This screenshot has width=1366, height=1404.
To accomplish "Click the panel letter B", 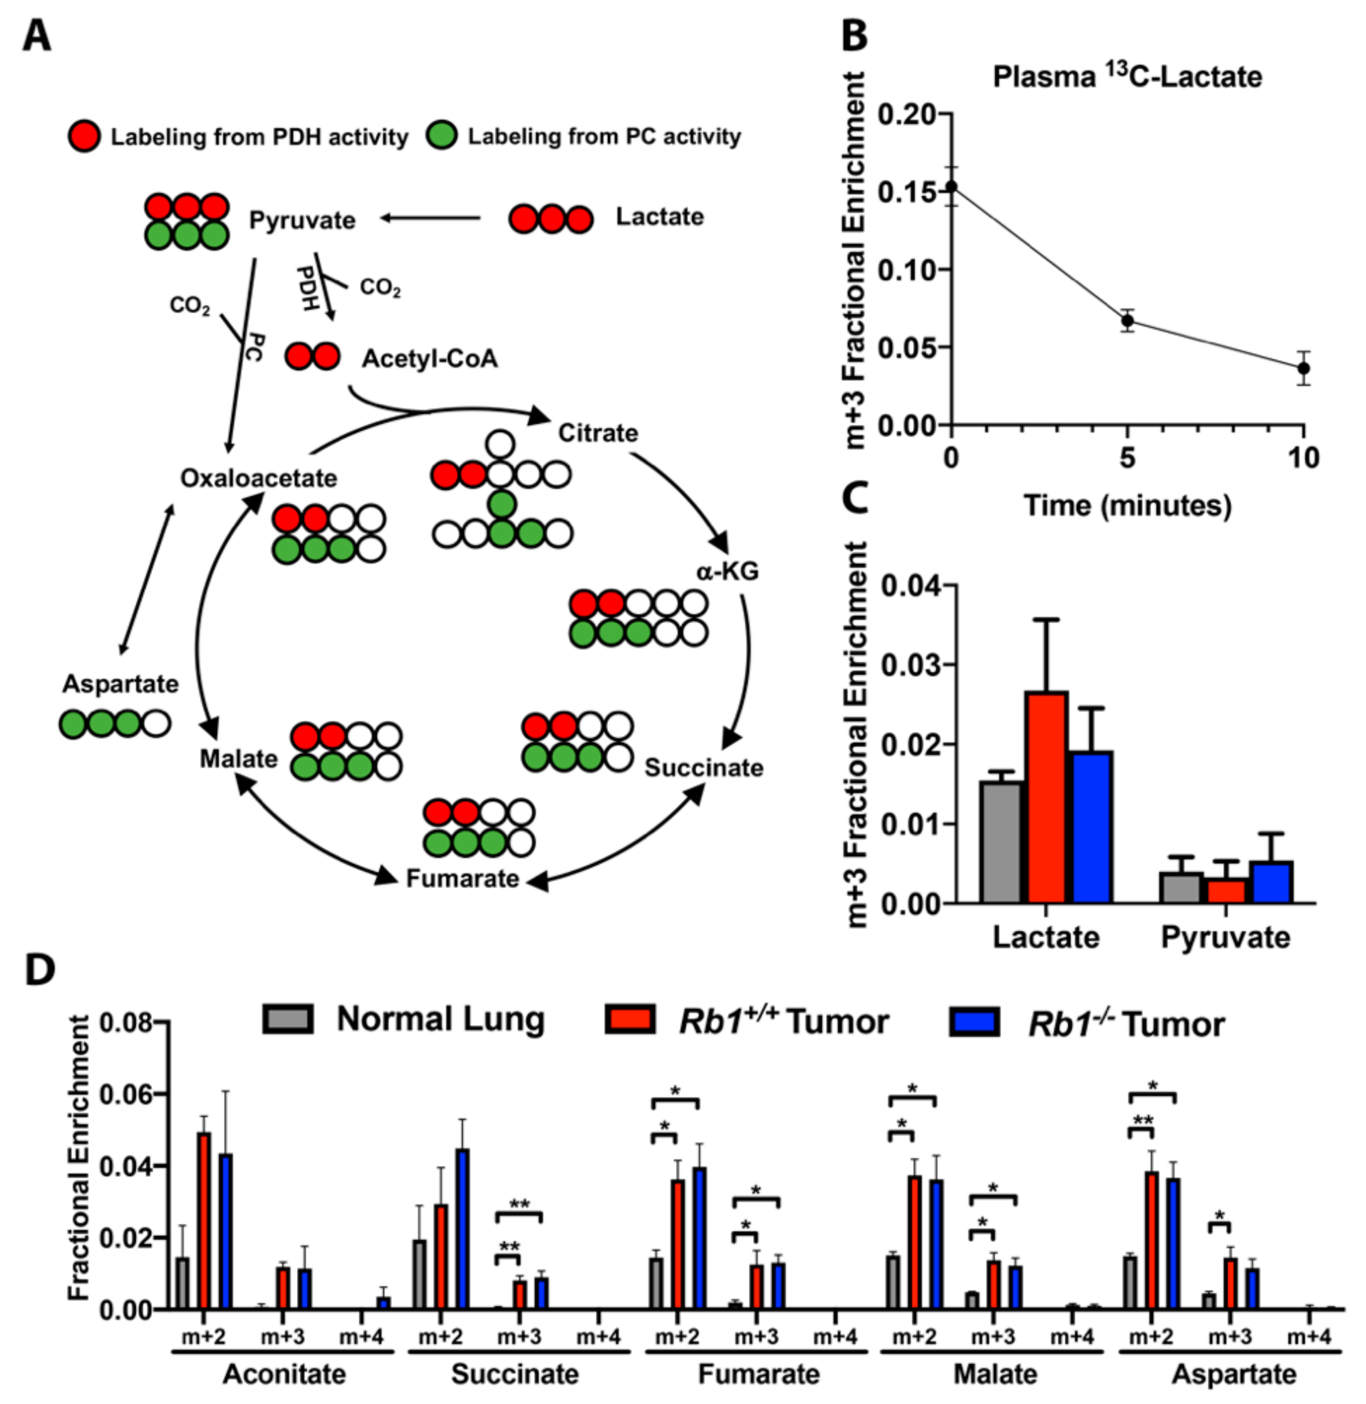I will tap(854, 36).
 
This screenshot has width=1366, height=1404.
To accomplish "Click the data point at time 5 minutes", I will tap(1128, 320).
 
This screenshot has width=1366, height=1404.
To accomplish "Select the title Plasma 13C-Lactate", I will tap(1127, 77).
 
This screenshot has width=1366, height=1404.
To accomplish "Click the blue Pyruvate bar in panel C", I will tap(1270, 882).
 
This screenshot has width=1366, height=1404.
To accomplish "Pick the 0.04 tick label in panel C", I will tap(910, 586).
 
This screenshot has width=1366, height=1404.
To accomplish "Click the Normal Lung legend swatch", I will tap(287, 1019).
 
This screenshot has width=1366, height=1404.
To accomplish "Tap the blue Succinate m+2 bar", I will tap(463, 1229).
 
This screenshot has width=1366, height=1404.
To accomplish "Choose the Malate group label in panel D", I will tap(995, 1374).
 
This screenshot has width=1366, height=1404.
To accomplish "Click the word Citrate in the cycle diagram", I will tap(598, 433).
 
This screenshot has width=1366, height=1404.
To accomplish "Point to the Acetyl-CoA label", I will tap(429, 359).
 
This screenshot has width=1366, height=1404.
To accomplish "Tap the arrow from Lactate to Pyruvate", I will tap(430, 218).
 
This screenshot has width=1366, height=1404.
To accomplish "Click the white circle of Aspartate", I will tap(156, 724).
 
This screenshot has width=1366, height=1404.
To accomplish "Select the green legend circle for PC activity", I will tap(442, 136).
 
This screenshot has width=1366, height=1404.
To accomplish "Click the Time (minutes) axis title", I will tap(1127, 506).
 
